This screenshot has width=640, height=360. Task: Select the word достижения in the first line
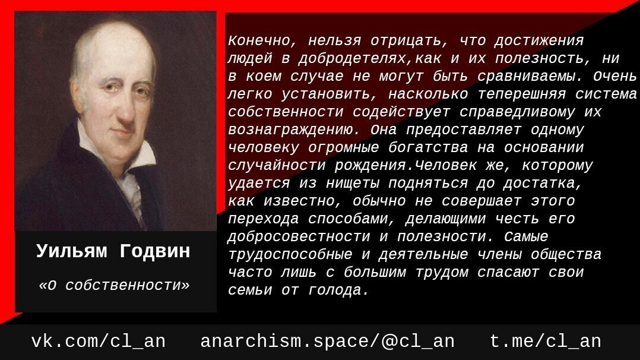coord(539,41)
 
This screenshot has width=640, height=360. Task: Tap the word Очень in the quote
coord(615,77)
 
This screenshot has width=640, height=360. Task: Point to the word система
coord(606,94)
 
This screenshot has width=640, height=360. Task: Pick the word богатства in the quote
coord(428,147)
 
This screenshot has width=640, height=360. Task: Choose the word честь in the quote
coord(517,219)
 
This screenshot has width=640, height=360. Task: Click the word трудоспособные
coord(290,255)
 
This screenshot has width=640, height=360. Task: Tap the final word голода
coord(339,290)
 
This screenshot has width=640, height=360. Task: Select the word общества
coord(566,255)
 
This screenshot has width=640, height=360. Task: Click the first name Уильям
coord(71,251)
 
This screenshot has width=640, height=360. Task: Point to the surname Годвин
coord(155,251)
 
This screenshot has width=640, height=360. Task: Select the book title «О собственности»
coord(114,285)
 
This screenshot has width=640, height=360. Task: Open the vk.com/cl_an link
coord(99,341)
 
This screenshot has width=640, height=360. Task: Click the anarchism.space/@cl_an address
coord(327,341)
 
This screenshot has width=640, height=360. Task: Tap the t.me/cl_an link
coord(545,341)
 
